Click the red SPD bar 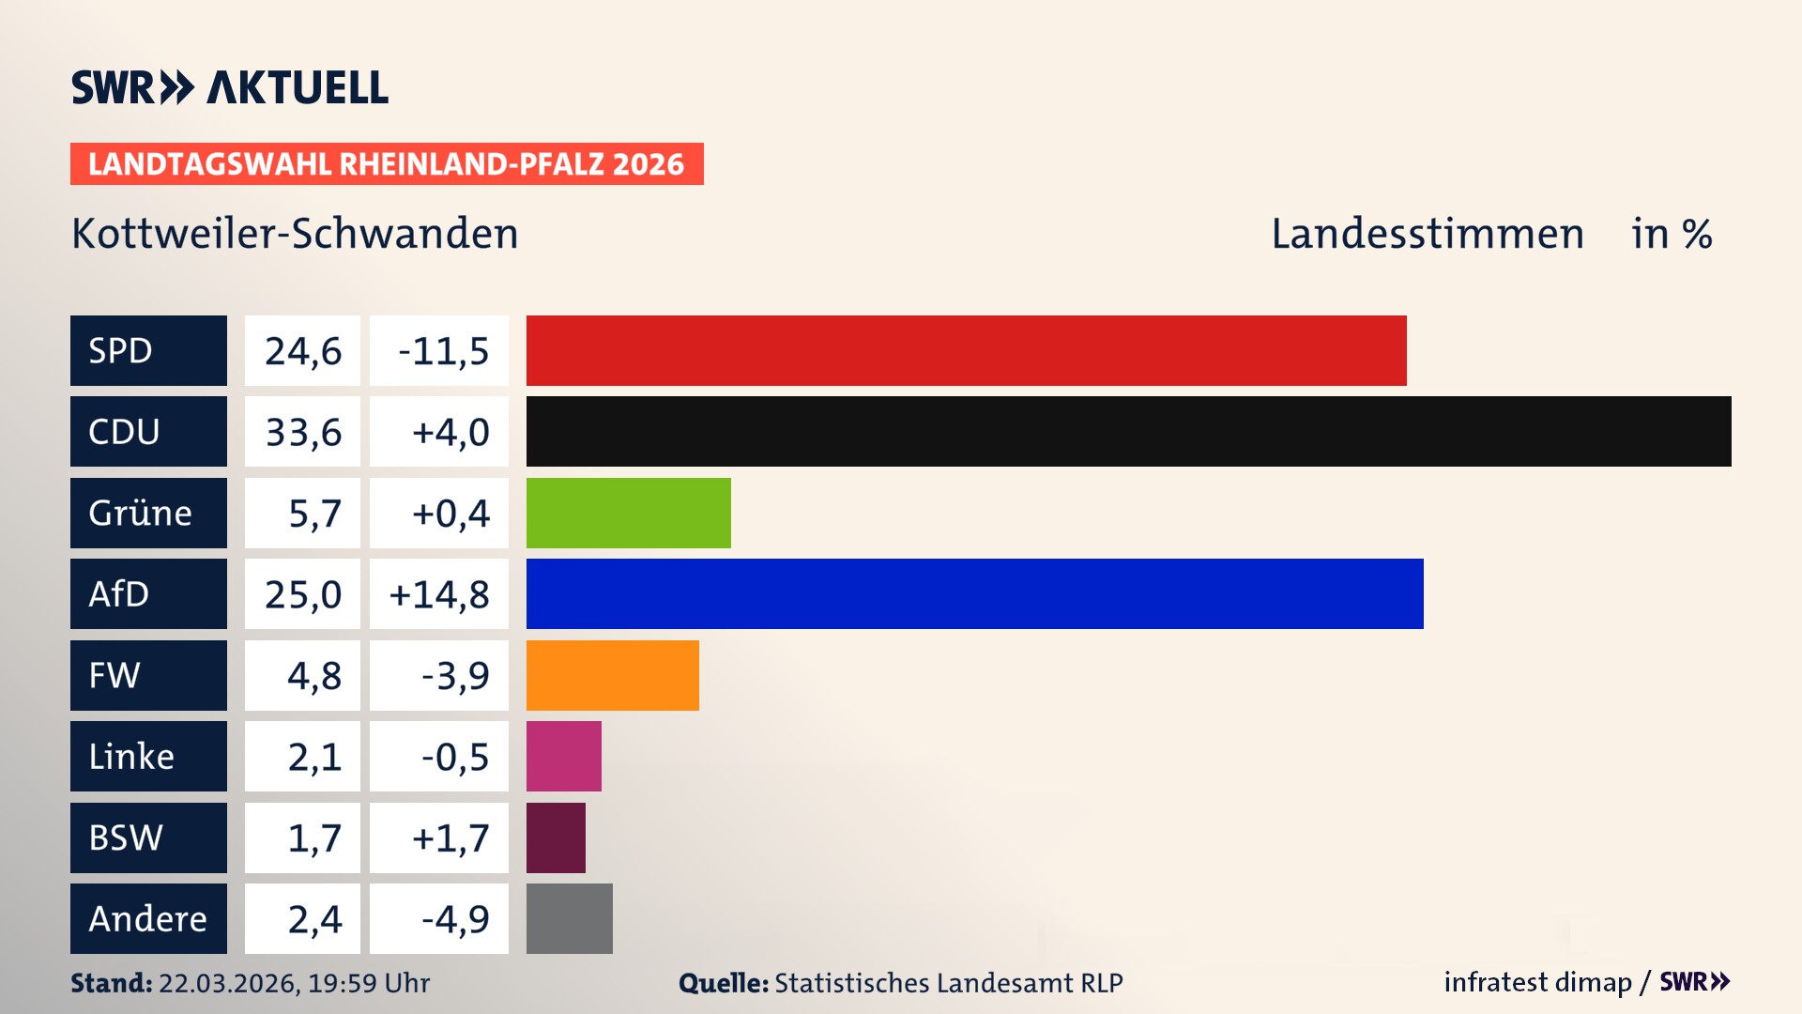click(966, 350)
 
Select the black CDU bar click(1128, 431)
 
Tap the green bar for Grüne click(628, 513)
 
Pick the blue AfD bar click(974, 593)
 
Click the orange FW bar click(612, 675)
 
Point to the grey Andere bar click(569, 918)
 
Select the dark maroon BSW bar click(556, 837)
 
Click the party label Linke click(131, 756)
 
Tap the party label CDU click(124, 431)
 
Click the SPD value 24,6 click(302, 351)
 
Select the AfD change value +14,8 click(439, 594)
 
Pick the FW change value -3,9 click(454, 675)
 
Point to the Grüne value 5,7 click(313, 514)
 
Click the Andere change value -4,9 click(454, 918)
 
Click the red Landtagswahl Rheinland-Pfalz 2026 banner click(386, 163)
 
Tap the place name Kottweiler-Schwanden click(295, 233)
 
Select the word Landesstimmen click(1427, 233)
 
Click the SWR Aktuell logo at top click(229, 87)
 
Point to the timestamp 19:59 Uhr click(368, 983)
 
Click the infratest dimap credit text click(1537, 982)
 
